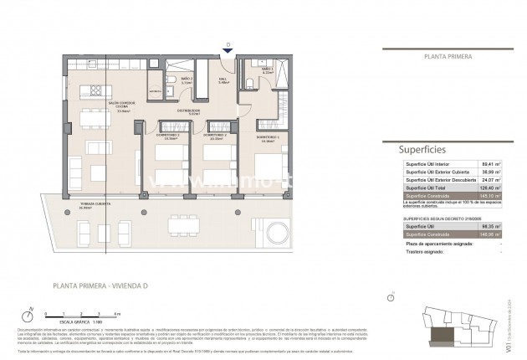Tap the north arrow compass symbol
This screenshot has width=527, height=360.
click(32, 314)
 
